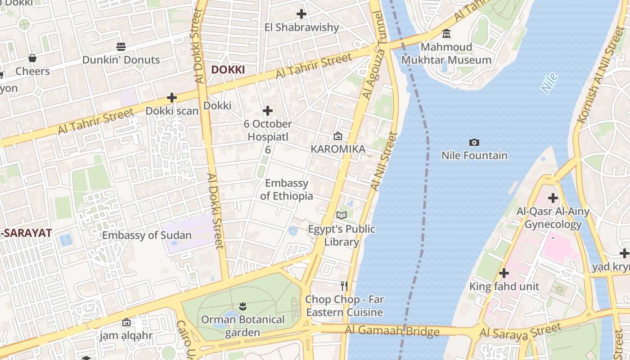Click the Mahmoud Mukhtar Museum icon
446,34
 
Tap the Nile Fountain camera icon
474,143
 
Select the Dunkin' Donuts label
121,60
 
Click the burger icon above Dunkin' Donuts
121,46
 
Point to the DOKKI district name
228,70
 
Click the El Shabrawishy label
301,27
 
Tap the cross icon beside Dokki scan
171,97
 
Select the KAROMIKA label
337,149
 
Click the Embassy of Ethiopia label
287,189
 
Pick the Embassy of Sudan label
147,235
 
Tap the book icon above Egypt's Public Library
342,215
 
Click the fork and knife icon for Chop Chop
344,286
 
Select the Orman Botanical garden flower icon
243,306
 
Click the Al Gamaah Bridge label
392,331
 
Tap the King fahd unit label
504,287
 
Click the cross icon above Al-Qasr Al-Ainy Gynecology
553,198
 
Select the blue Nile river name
549,83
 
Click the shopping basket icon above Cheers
32,58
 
